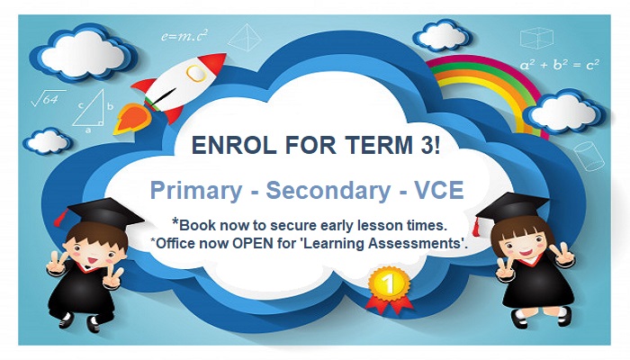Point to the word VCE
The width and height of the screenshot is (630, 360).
coord(415,190)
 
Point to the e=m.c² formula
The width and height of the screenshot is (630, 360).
coord(184,37)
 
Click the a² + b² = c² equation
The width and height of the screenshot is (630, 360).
coord(559,65)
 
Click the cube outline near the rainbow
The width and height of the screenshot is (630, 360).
coord(536,37)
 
